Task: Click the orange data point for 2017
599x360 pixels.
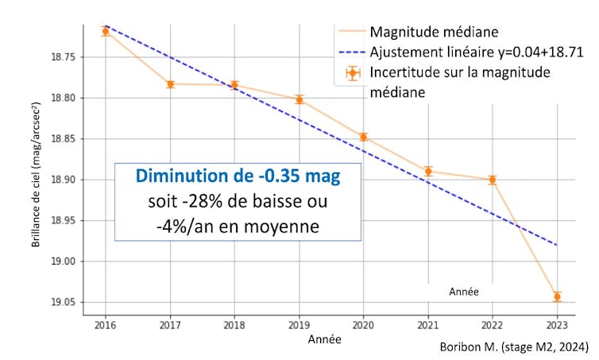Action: click(x=170, y=83)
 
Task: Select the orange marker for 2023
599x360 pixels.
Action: click(x=557, y=296)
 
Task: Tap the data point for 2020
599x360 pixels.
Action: click(x=363, y=137)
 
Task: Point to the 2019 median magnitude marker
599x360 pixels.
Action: click(x=299, y=99)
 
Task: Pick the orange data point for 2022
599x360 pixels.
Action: click(x=493, y=180)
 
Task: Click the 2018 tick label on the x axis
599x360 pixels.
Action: click(x=234, y=325)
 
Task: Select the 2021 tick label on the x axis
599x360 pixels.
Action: click(x=428, y=325)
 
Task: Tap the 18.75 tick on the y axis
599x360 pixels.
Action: click(x=63, y=57)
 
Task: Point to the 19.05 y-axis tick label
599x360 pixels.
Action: click(x=63, y=303)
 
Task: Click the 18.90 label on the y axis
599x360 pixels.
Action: click(x=63, y=180)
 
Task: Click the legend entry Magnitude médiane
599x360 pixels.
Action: click(x=434, y=33)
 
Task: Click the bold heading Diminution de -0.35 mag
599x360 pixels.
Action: click(x=238, y=176)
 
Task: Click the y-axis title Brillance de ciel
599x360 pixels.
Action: click(x=37, y=180)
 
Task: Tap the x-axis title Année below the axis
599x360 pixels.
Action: click(x=324, y=339)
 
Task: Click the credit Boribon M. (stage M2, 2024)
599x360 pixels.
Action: click(x=513, y=347)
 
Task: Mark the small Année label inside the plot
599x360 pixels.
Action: click(x=463, y=292)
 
